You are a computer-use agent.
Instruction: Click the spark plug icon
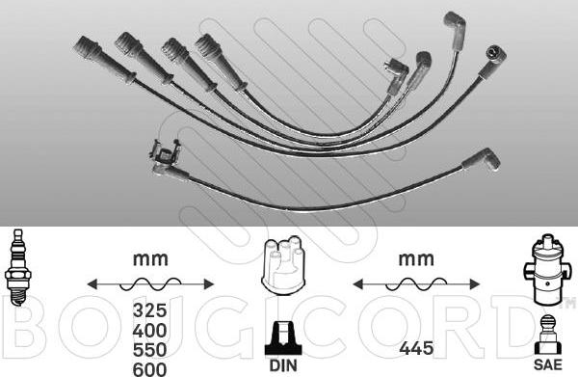17,267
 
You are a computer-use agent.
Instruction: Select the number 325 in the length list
149,310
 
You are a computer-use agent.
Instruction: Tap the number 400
149,331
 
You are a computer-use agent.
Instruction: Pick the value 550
149,350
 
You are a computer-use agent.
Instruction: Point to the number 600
149,369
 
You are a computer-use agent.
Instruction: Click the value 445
416,348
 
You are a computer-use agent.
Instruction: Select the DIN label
283,365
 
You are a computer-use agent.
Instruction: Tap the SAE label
548,364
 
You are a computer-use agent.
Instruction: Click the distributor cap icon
283,265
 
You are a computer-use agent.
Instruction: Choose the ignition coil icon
547,268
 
